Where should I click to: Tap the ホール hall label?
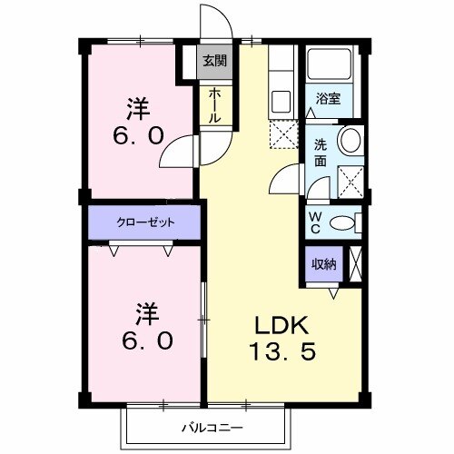tap(215, 106)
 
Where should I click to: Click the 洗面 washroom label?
tap(322, 152)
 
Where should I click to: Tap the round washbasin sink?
tap(350, 141)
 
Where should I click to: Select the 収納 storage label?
tap(324, 264)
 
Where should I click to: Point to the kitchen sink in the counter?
tap(280, 99)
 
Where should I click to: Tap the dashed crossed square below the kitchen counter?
tap(281, 134)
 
